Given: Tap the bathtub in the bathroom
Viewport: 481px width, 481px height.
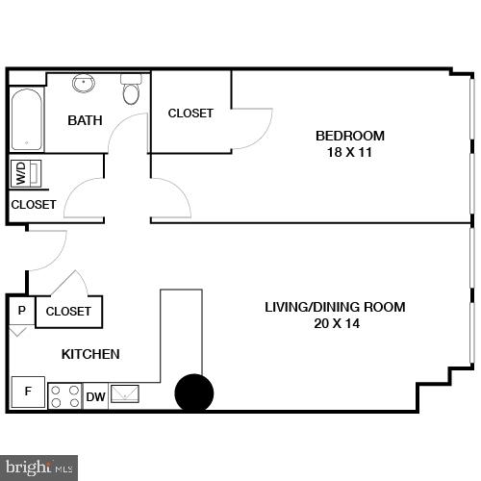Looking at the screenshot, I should [x=26, y=119].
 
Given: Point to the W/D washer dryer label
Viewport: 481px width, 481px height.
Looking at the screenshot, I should [x=20, y=174].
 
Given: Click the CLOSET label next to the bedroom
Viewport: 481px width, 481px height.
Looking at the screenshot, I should [x=190, y=114].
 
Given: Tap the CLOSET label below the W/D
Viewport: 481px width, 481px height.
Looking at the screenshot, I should [x=34, y=205].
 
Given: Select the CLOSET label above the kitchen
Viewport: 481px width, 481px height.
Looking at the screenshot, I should [x=68, y=312].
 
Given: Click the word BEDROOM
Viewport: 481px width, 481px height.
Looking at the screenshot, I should [x=350, y=136].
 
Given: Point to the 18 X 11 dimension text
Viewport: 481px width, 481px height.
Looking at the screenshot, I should [x=350, y=152].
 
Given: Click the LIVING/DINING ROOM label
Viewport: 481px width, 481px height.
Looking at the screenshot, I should [x=335, y=307].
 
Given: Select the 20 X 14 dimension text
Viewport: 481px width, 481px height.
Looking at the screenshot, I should [x=335, y=324].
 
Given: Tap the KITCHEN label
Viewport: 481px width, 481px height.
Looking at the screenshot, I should [x=90, y=354].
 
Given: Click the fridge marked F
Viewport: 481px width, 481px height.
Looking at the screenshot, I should [x=27, y=392].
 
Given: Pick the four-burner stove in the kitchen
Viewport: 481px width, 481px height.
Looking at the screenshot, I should [x=64, y=395].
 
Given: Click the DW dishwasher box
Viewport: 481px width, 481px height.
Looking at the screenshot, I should [x=96, y=396].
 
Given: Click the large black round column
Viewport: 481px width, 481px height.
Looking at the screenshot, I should [x=193, y=392].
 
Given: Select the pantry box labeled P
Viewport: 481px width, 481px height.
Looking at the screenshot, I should [x=20, y=311].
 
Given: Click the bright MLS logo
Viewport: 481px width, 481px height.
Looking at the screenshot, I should [x=38, y=468].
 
